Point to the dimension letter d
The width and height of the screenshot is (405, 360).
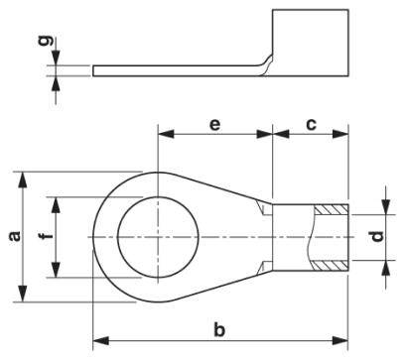[375, 238]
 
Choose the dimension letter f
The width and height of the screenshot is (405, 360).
[42, 238]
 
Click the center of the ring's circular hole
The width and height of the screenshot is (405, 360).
[157, 238]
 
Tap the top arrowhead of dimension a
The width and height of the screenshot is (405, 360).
[21, 176]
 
